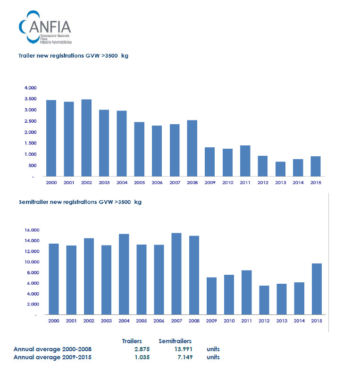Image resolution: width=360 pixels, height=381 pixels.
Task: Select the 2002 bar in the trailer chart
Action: pos(86,137)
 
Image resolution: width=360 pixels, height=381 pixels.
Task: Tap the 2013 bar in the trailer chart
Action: pos(281,169)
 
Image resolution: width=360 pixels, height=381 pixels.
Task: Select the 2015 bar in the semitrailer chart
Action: pos(316,288)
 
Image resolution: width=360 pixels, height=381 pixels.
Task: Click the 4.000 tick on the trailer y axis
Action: pos(30,88)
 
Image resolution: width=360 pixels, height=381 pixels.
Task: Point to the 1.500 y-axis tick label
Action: pos(30,143)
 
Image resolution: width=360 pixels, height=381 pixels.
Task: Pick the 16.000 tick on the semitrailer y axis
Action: pos(33,230)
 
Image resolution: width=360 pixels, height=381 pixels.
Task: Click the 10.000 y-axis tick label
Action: pos(33,262)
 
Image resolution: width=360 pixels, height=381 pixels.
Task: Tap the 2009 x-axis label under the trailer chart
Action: pos(210,182)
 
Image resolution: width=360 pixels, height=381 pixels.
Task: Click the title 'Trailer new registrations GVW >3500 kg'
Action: pos(73,56)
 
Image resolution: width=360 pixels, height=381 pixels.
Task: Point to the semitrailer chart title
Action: pos(80,202)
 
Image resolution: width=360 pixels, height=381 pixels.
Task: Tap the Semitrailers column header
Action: pos(175,341)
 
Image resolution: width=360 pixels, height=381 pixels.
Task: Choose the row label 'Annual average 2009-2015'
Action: pos(52,357)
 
